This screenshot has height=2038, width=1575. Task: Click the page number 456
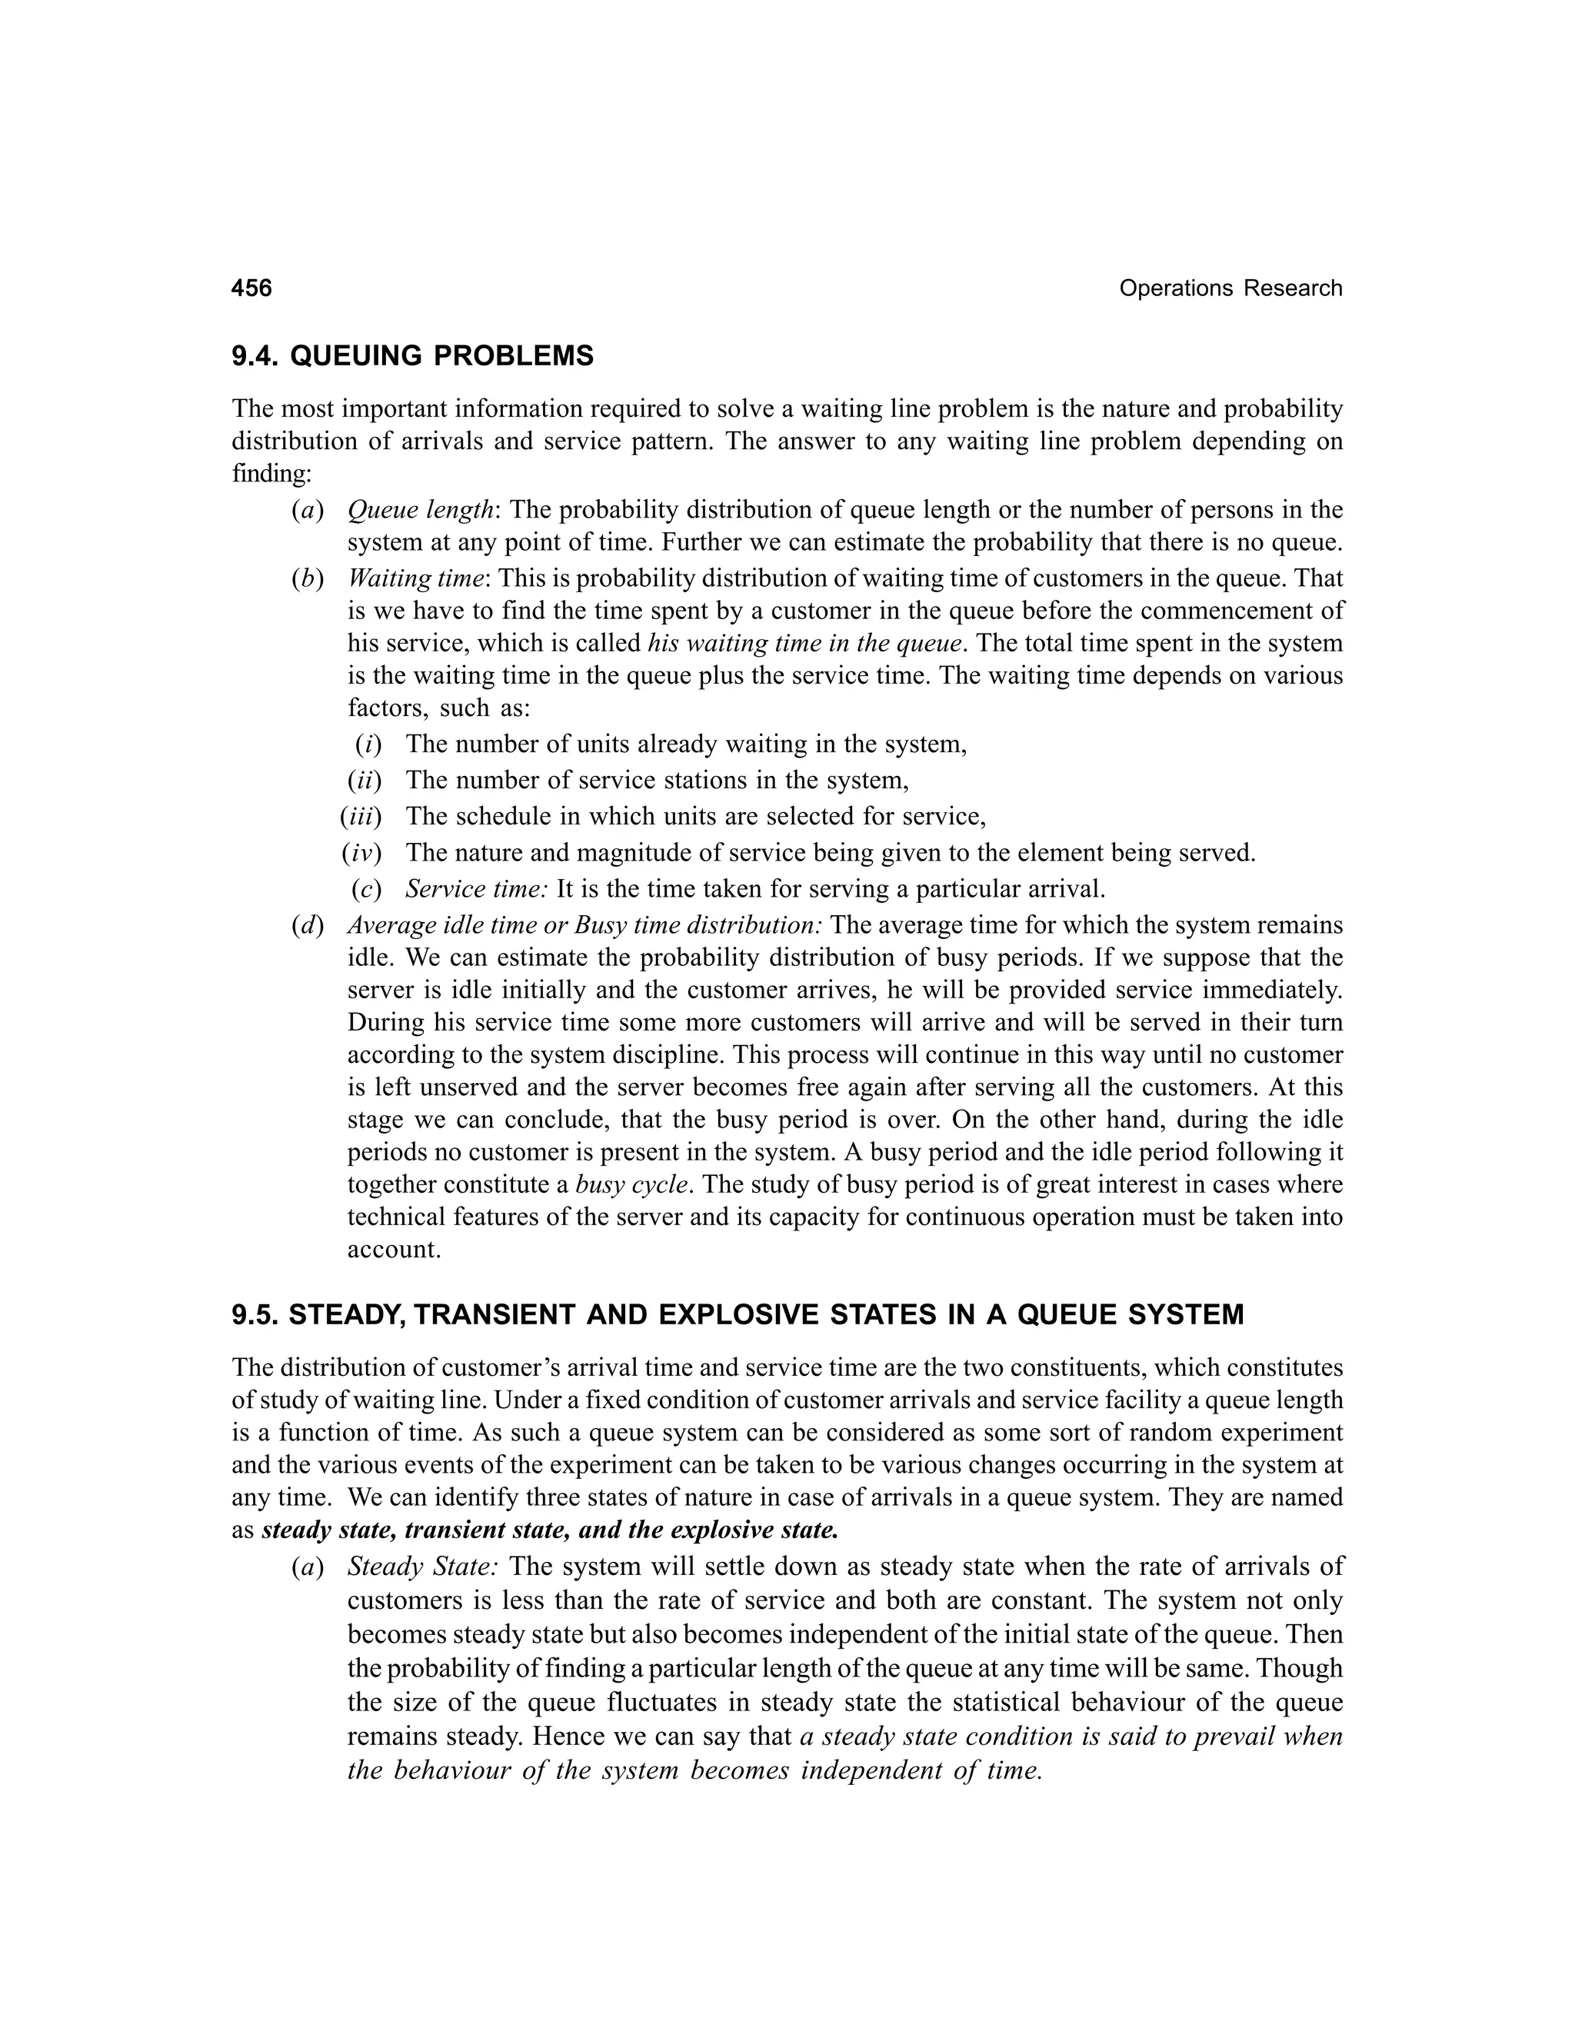coord(252,288)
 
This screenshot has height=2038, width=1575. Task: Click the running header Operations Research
coord(1230,288)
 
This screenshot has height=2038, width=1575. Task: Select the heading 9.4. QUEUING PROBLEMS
coord(412,357)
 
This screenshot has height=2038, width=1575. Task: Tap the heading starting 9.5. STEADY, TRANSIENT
coord(737,1315)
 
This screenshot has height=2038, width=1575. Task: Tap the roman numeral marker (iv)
coord(362,853)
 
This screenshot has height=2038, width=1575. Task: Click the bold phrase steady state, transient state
coord(415,1531)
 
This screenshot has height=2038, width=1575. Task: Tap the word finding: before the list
coord(271,474)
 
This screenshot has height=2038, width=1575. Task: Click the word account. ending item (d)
coord(394,1250)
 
